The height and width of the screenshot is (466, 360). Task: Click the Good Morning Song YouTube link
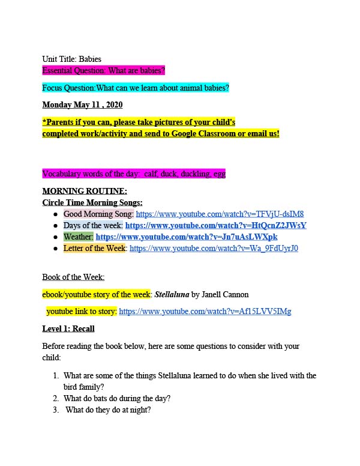pos(220,214)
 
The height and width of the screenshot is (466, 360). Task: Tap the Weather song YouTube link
pos(187,237)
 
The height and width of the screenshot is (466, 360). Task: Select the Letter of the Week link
pos(214,248)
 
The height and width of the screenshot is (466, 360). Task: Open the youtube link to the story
pos(205,312)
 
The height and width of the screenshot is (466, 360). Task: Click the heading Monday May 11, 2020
pos(82,105)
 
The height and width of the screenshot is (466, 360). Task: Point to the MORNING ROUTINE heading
pos(85,191)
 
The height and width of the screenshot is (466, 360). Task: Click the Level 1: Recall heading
pos(68,328)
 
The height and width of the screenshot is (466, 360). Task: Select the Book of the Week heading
pos(73,277)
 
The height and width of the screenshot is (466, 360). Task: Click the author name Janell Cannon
pos(229,295)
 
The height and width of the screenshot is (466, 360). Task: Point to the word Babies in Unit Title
pos(90,59)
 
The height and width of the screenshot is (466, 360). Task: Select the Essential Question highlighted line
pos(103,70)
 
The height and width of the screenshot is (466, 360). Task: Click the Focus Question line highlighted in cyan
pos(136,88)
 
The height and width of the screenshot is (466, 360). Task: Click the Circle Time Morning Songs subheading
pos(92,202)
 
